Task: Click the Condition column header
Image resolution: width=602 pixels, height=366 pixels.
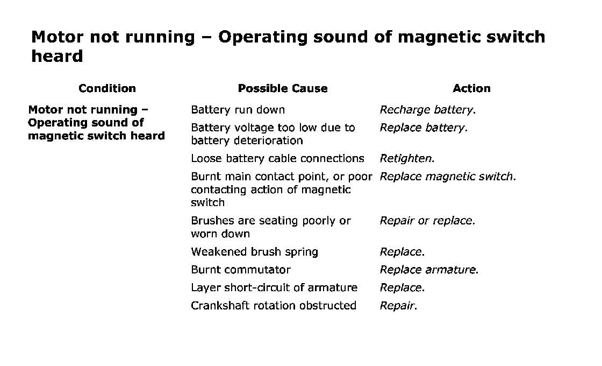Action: [107, 88]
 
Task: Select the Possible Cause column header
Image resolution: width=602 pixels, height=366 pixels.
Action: [282, 88]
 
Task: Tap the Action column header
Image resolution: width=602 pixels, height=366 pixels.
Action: [471, 88]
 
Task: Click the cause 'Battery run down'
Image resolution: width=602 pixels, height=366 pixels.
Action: [238, 110]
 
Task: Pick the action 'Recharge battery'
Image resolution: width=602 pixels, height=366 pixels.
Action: [427, 110]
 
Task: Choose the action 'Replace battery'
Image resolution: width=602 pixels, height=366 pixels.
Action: [424, 128]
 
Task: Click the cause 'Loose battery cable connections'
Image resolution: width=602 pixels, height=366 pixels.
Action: [277, 158]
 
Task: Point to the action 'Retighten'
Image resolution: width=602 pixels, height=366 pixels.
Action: [407, 158]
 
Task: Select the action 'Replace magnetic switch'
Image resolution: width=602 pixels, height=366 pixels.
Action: [448, 177]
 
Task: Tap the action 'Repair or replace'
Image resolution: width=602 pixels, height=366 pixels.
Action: [427, 221]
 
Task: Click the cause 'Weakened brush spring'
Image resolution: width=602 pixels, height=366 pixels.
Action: [254, 252]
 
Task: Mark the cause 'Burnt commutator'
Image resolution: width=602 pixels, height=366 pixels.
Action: [240, 270]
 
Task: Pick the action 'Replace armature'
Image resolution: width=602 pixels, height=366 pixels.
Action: [429, 270]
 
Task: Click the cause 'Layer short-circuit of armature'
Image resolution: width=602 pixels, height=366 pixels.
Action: [274, 288]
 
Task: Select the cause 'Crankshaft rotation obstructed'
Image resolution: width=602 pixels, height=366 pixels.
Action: [273, 306]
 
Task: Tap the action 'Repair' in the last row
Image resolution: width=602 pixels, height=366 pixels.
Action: [398, 306]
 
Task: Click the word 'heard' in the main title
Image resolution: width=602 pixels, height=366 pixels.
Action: [57, 56]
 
